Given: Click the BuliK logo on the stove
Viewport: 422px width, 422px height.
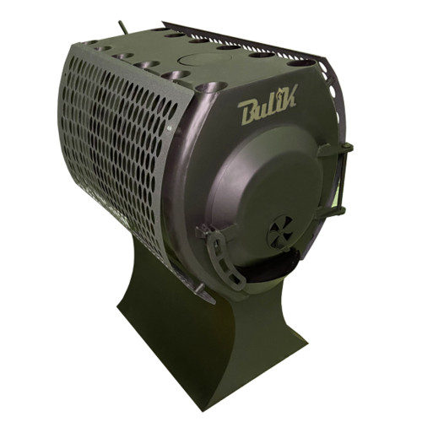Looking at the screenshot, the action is coord(268,105).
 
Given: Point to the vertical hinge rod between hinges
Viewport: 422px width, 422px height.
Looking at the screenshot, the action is coord(343,180).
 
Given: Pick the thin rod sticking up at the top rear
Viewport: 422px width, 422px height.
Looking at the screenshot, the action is coord(122,27).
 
